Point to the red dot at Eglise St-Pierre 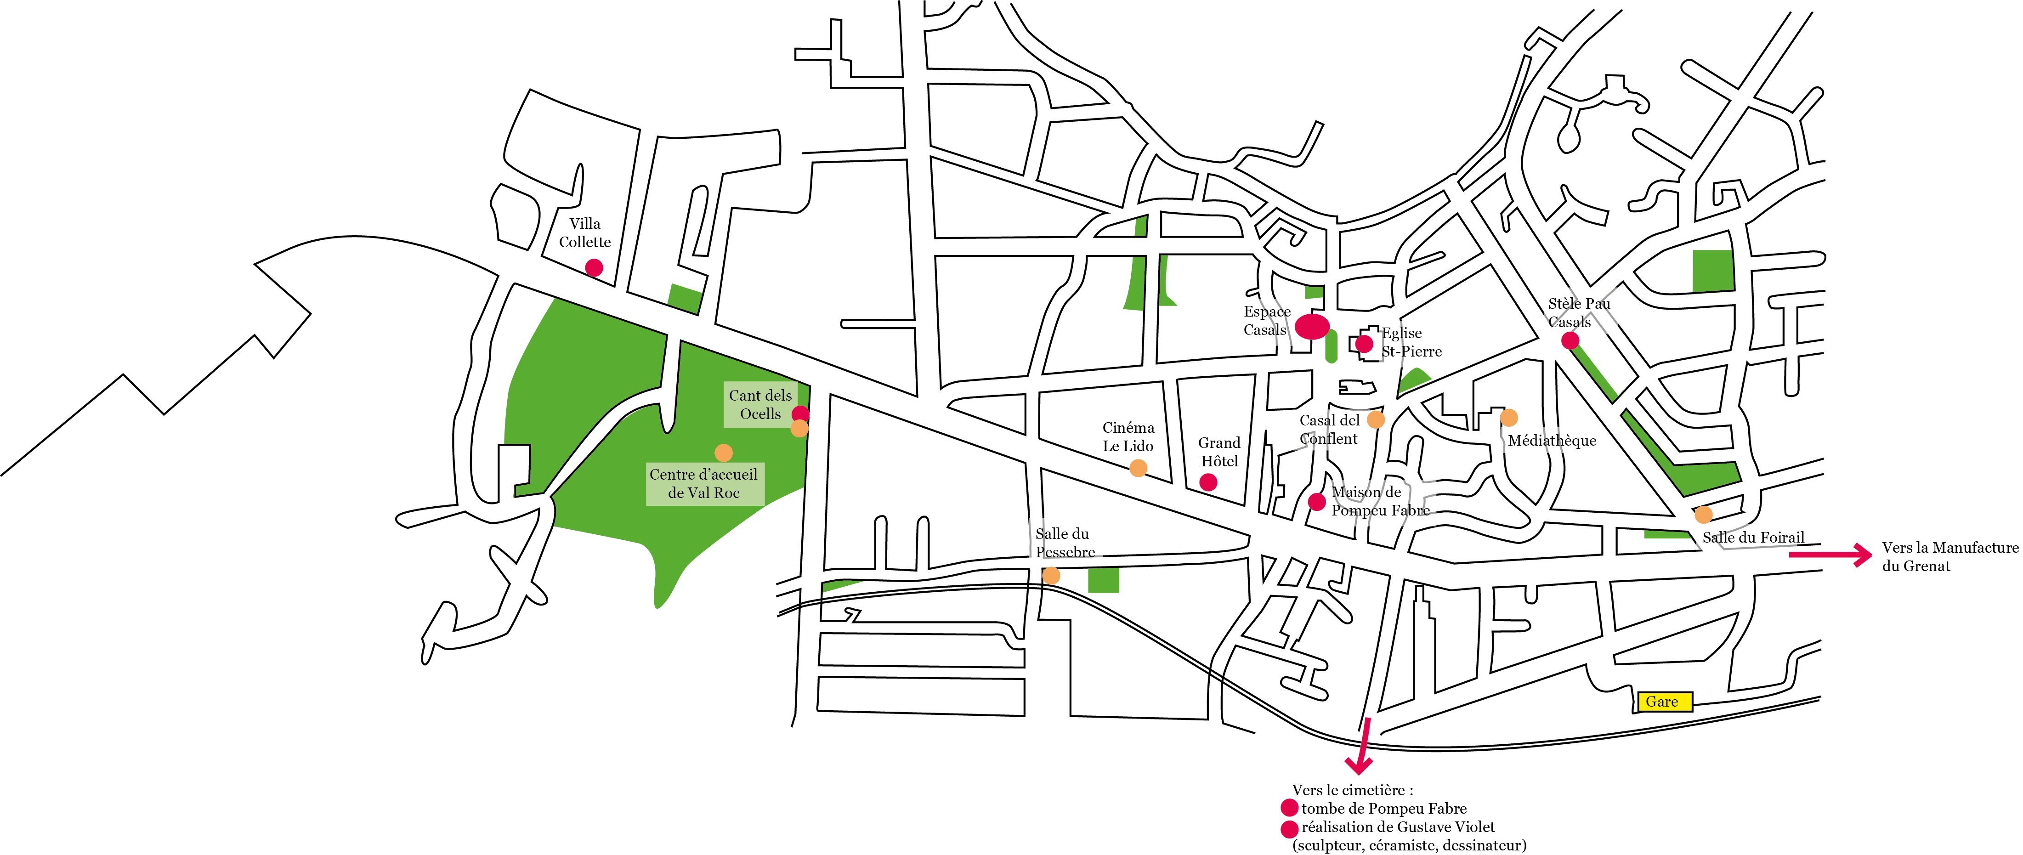[x=1364, y=343]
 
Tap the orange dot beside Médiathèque [x=1508, y=417]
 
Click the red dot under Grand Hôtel [x=1209, y=482]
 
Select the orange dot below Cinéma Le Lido [x=1138, y=469]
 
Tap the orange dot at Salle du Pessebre [x=1051, y=576]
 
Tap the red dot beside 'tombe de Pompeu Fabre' [x=1289, y=808]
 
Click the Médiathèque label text [x=1552, y=441]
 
